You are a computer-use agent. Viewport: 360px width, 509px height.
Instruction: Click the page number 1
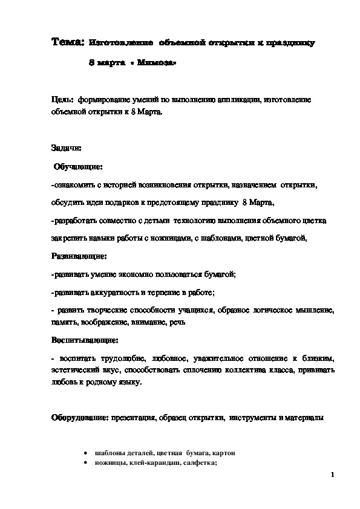pos(333,476)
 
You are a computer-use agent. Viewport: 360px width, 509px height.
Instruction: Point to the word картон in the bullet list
pos(223,452)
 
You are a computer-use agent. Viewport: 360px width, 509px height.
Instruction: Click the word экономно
pos(136,274)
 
